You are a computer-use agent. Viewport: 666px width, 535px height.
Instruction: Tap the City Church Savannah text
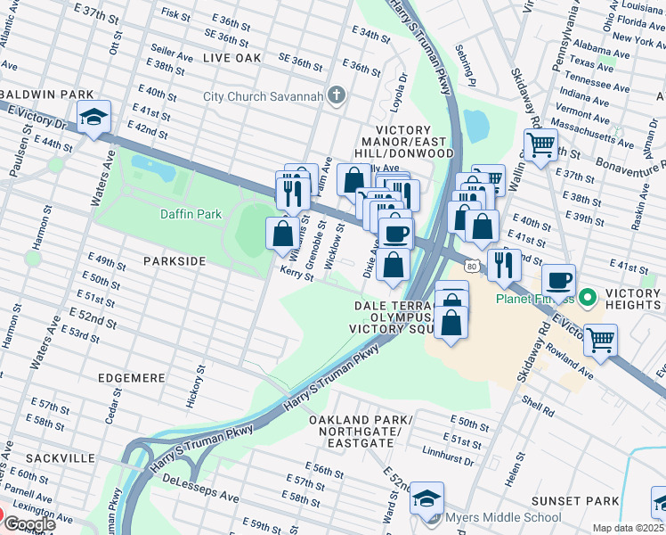click(x=264, y=96)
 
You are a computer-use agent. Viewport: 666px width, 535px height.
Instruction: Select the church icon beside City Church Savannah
click(x=337, y=95)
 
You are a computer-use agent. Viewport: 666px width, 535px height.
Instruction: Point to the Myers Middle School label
click(x=504, y=517)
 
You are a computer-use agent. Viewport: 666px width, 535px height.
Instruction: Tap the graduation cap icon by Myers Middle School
click(x=427, y=498)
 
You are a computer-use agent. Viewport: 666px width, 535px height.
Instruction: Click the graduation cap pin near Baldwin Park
click(x=93, y=118)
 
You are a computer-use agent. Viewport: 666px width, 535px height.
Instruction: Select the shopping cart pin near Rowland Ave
click(x=601, y=339)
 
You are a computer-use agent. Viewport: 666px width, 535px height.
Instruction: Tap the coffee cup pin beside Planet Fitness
click(x=559, y=280)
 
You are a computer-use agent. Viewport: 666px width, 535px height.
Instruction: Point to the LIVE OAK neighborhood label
click(x=231, y=57)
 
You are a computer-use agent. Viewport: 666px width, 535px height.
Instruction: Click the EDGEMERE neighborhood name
click(x=133, y=378)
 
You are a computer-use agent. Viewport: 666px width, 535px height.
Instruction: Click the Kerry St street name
click(x=297, y=273)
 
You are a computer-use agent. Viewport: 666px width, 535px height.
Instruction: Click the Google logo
click(x=29, y=524)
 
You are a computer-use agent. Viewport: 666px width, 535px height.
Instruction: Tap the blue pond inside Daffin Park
click(x=154, y=166)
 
